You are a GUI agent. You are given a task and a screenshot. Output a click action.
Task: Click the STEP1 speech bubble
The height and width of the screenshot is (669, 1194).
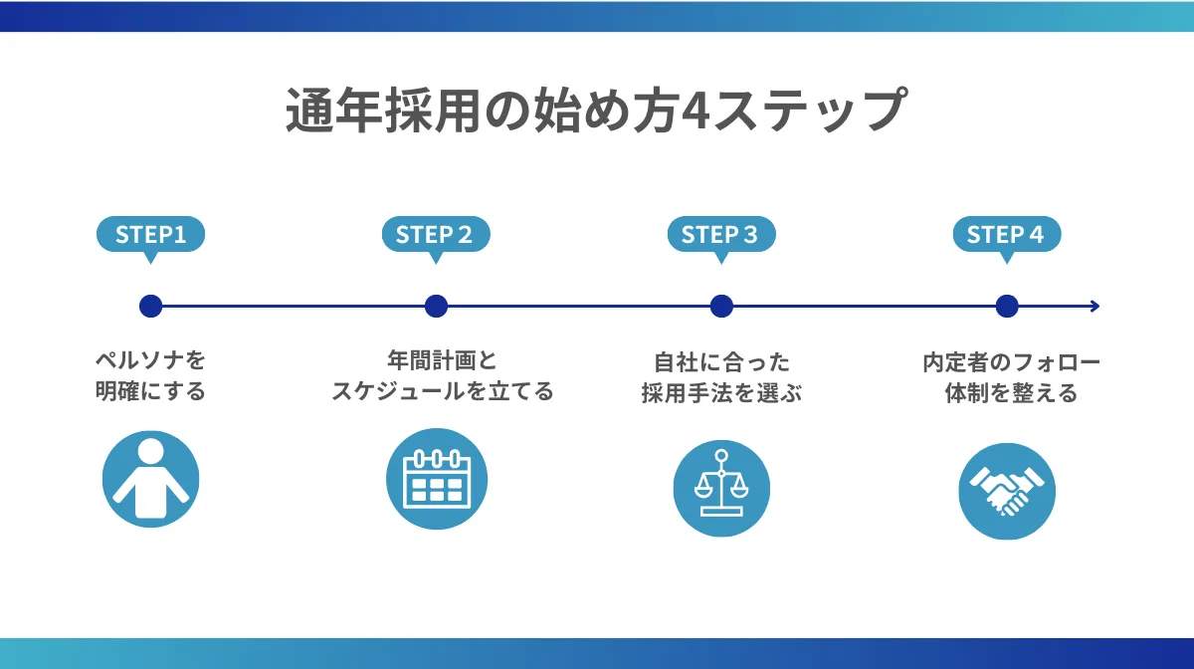[x=150, y=235]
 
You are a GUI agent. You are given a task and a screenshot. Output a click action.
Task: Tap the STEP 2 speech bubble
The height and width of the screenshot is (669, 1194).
[x=436, y=235]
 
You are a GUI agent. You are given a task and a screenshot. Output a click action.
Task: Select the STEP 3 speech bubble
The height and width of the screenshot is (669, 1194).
[x=720, y=235]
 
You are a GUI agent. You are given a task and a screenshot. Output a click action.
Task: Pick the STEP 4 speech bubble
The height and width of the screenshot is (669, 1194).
[x=1006, y=235]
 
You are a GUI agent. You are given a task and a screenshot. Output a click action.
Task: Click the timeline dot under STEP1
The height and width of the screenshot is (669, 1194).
[x=150, y=306]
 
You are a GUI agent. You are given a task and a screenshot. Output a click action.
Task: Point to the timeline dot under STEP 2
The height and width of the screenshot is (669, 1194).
[x=436, y=306]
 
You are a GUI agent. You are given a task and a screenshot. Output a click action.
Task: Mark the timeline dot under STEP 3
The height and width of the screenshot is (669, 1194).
[x=721, y=306]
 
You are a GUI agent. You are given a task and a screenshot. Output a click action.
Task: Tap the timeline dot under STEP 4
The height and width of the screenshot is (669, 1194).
[x=1007, y=306]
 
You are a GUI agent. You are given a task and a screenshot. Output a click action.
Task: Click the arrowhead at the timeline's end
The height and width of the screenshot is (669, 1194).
[x=1094, y=306]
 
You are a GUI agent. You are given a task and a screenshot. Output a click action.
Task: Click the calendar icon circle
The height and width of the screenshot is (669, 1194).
[x=436, y=480]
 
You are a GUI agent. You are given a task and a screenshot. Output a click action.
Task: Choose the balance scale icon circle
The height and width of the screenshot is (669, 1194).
[x=721, y=488]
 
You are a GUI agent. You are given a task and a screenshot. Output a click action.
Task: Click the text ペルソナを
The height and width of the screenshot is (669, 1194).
[x=150, y=359]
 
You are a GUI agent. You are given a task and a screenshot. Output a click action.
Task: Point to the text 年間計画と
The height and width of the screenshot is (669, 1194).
[x=441, y=359]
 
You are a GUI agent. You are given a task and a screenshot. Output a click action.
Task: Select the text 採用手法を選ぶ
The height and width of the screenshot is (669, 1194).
[x=721, y=392]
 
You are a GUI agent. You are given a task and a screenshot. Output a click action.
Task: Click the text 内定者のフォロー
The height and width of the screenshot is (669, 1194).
[x=1011, y=360]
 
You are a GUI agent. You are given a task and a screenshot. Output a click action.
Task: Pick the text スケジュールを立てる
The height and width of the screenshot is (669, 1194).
[x=441, y=392]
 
